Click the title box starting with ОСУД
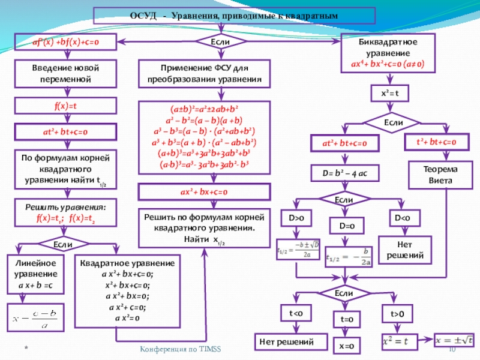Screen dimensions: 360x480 234,16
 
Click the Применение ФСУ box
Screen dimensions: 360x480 205,74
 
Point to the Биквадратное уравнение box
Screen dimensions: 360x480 383,53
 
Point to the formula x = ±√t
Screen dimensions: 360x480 457,339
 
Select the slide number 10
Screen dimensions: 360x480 454,350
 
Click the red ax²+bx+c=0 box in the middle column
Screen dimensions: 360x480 204,192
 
